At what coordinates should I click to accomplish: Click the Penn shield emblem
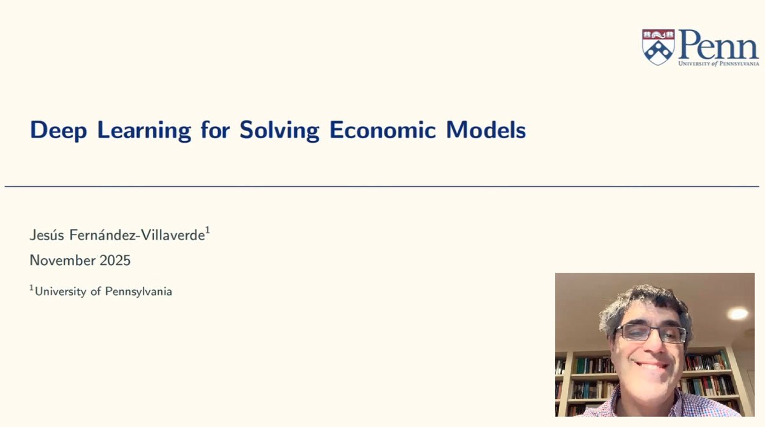point(658,47)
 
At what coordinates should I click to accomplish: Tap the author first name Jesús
point(46,235)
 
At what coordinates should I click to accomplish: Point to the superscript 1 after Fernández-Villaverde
point(208,231)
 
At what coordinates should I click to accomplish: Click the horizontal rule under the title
point(382,187)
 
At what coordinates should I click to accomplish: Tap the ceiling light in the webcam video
point(738,314)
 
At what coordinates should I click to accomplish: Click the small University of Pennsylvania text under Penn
point(718,64)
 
